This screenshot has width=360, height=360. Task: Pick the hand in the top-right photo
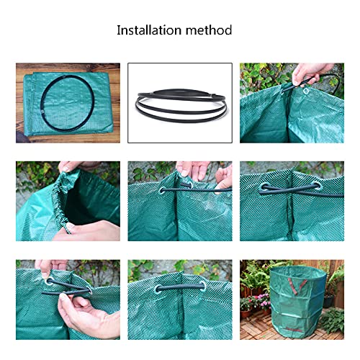pyautogui.click(x=312, y=72)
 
